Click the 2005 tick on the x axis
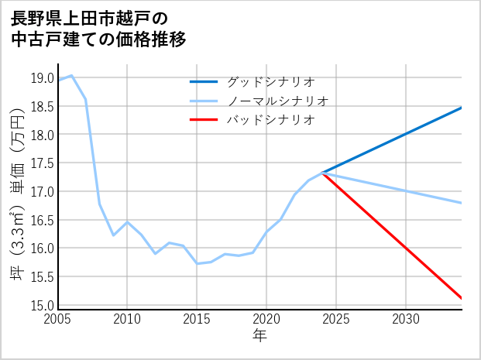pos(58,319)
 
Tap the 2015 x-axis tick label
pos(197,319)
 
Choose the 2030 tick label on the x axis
pos(406,319)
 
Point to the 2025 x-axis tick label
pos(336,319)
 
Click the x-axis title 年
pos(259,336)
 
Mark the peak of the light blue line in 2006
pos(72,75)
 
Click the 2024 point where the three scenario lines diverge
pos(322,173)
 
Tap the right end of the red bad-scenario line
pos(462,298)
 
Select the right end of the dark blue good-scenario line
pos(462,108)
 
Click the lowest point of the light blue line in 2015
pos(197,263)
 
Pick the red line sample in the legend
pos(203,120)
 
